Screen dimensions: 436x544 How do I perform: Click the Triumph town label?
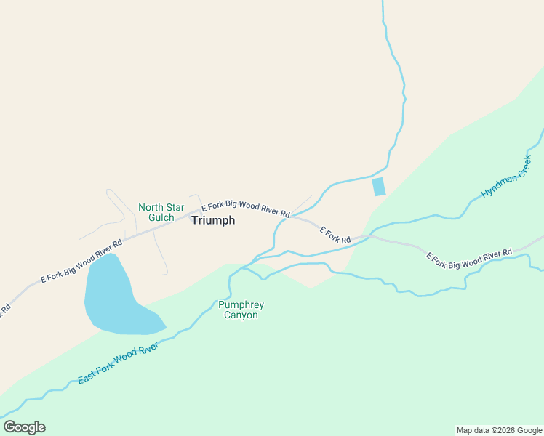click(213, 220)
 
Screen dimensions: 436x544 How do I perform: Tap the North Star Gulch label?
click(161, 212)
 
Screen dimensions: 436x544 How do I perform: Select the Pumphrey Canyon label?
click(240, 310)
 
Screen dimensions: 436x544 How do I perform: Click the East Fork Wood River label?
click(119, 364)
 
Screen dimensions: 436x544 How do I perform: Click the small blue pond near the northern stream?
click(378, 187)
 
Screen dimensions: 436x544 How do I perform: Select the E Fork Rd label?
click(336, 235)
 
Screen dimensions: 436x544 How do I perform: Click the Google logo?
click(24, 427)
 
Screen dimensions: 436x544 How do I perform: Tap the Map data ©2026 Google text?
click(498, 430)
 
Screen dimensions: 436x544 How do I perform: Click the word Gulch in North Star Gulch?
click(161, 218)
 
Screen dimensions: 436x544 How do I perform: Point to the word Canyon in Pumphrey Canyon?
click(240, 315)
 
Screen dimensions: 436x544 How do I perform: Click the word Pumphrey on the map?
click(240, 304)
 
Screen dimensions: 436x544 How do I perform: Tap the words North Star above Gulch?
click(161, 207)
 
